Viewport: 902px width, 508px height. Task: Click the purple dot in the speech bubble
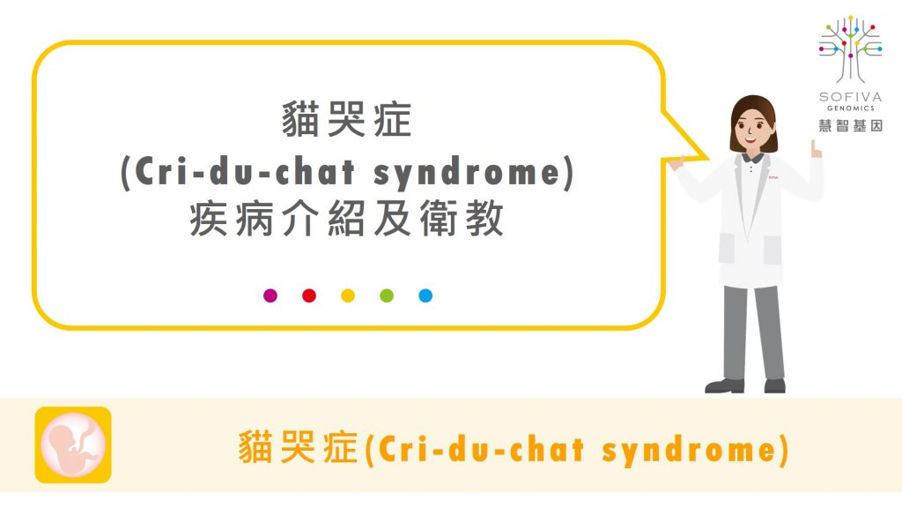[270, 295]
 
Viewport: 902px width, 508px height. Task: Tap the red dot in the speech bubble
[309, 295]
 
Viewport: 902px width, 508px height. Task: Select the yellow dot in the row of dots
[348, 295]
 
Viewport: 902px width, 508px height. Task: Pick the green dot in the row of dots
[387, 295]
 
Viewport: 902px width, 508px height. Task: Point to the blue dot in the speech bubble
[425, 295]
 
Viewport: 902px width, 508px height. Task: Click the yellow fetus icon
[73, 444]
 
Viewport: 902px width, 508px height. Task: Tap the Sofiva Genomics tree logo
[850, 49]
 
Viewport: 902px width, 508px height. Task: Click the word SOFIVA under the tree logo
[850, 97]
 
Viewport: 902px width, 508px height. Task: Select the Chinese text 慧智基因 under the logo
[850, 125]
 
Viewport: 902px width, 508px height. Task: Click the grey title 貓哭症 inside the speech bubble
[347, 119]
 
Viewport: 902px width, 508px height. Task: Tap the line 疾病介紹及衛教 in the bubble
[347, 219]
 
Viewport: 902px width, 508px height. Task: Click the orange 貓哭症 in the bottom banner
[298, 447]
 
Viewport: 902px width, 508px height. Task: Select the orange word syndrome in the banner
[689, 450]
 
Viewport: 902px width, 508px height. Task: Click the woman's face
[753, 128]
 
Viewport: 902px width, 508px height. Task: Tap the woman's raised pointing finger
[814, 148]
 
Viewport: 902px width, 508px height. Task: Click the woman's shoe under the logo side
[775, 385]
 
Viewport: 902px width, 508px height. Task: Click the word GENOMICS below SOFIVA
[851, 108]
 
